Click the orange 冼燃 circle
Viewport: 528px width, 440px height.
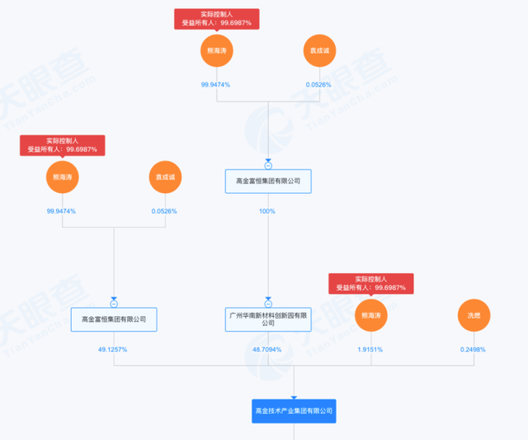coord(474,315)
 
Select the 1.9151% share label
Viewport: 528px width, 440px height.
coord(370,349)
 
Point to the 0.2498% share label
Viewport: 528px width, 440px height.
coord(473,349)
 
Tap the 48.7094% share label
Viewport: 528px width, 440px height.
coord(268,349)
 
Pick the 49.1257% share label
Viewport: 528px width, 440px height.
coord(113,349)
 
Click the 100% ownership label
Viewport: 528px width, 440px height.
coord(267,211)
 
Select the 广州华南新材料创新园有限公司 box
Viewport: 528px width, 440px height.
coord(268,319)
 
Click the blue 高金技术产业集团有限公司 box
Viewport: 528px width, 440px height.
coord(294,410)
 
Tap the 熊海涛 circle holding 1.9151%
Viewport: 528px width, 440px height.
coord(370,315)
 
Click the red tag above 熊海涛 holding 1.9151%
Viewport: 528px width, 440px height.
coord(370,284)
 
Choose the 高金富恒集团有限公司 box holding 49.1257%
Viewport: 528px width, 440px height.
coord(114,319)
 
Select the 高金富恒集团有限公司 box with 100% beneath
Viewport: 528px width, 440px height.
coord(268,181)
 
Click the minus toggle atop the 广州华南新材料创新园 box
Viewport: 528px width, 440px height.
coord(268,302)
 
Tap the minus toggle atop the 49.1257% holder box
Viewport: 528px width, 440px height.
coord(114,302)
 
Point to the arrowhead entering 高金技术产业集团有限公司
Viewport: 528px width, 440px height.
coord(294,397)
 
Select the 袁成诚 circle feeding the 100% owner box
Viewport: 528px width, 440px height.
coord(319,50)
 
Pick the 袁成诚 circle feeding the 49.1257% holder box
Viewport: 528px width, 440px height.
coord(164,177)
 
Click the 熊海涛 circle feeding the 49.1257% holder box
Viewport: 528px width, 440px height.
coord(61,177)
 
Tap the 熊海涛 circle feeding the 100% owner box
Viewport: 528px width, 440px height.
coord(216,50)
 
